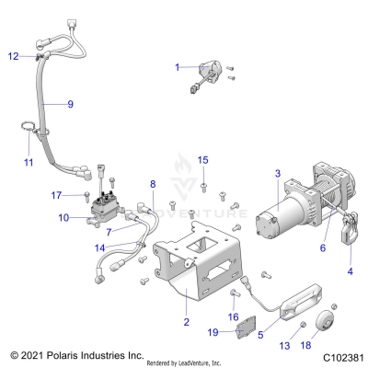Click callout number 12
[13, 57]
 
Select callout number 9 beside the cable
[70, 104]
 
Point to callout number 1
[178, 67]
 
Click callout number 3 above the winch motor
[251, 173]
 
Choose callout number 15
[203, 160]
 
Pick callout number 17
[56, 195]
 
